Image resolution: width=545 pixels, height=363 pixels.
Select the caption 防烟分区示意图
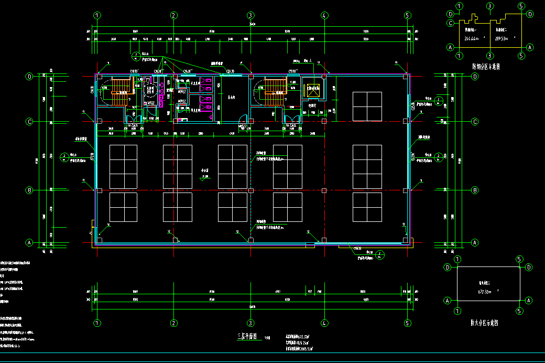[485, 67]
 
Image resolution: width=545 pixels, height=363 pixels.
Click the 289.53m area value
[503, 38]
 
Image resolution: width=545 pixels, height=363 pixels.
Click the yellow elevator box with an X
[313, 89]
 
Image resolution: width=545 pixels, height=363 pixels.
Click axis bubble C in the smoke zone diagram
[450, 23]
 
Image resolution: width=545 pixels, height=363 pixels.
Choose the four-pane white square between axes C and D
[367, 106]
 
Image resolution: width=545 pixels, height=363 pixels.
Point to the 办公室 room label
[205, 170]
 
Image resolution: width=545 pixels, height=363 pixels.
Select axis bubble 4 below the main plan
[325, 323]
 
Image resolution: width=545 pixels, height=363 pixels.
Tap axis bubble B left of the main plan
[30, 190]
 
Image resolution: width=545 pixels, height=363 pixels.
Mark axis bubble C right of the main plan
[475, 122]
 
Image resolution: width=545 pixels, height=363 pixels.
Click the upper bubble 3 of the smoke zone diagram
[490, 6]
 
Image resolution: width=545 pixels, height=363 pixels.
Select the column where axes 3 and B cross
[251, 190]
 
